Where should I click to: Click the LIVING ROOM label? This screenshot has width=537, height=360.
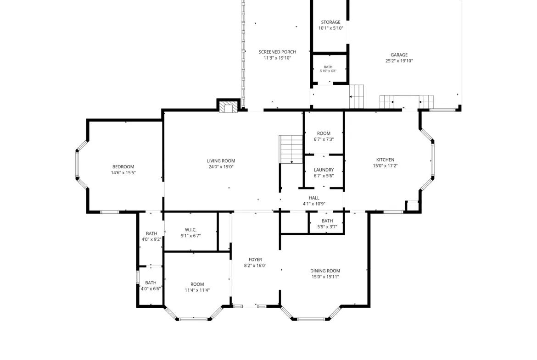click(221, 161)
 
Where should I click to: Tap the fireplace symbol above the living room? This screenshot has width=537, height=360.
click(228, 107)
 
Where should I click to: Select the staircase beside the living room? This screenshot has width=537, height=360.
click(291, 149)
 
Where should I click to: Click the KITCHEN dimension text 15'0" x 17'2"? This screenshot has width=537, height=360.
click(385, 166)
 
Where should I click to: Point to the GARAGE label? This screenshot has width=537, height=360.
click(399, 55)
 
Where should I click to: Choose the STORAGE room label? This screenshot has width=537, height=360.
click(330, 22)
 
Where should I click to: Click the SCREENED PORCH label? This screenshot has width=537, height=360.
click(277, 52)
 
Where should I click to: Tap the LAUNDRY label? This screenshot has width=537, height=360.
click(324, 170)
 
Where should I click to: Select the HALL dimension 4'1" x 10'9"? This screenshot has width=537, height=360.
click(314, 204)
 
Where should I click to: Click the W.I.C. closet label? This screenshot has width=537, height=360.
click(191, 230)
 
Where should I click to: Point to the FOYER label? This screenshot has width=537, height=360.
click(255, 260)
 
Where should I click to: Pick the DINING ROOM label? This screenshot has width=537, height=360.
click(325, 271)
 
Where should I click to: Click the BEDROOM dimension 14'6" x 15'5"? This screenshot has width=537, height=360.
click(123, 173)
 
